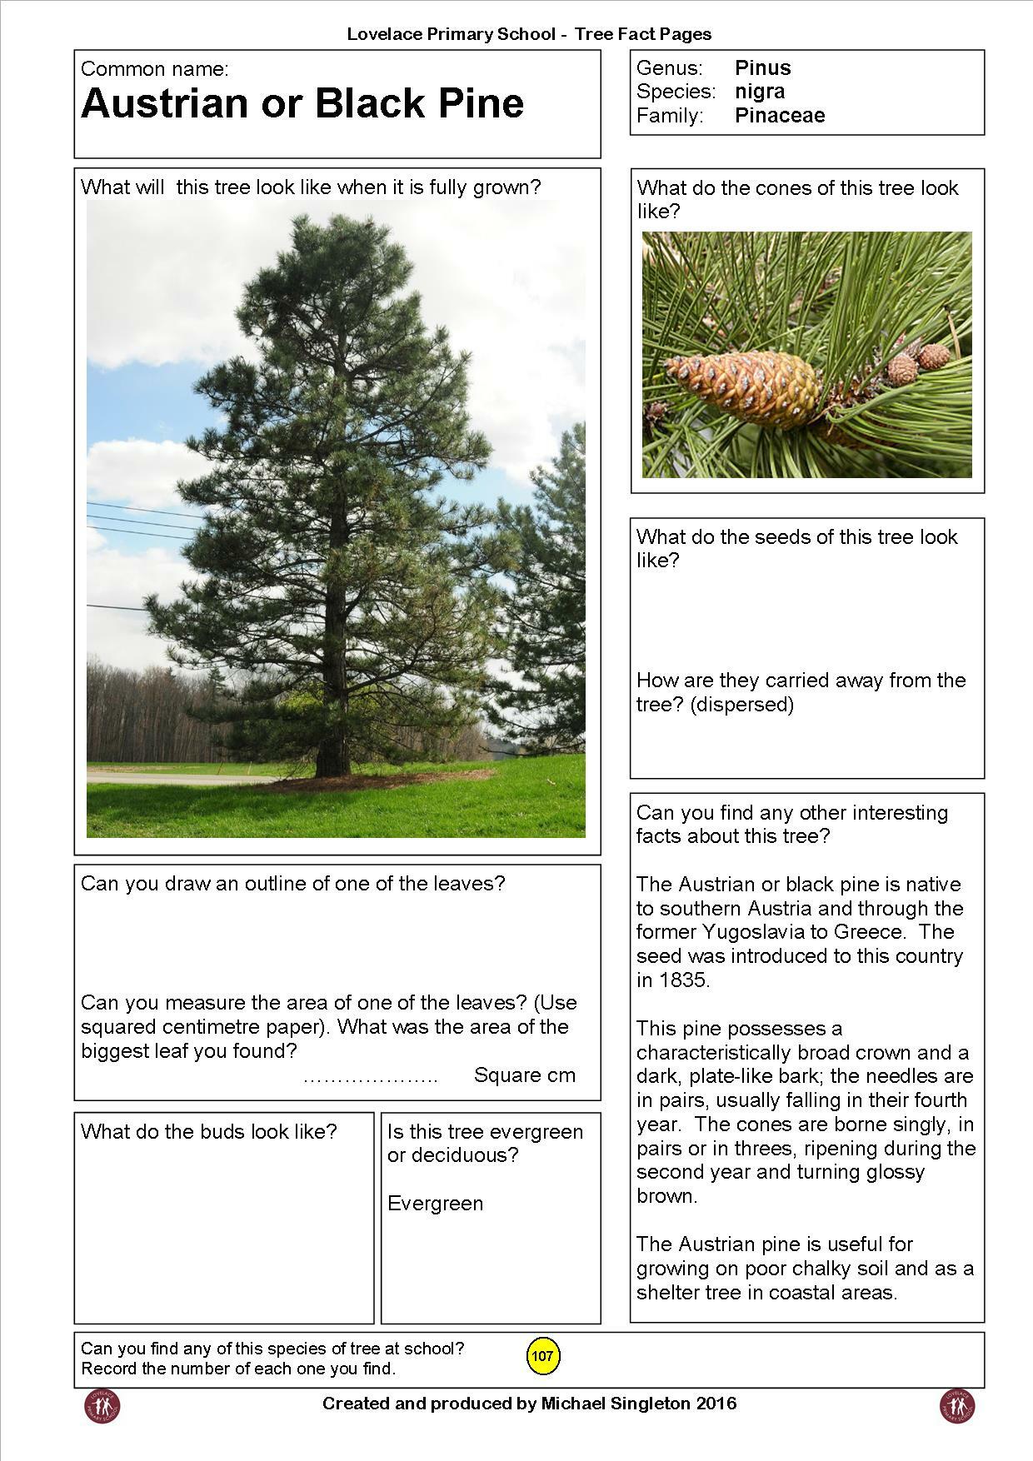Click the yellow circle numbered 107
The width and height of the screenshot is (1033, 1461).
coord(542,1356)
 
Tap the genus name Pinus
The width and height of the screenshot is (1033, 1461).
coord(762,67)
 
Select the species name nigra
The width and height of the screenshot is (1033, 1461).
coord(759,91)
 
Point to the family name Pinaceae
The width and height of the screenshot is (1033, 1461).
coord(779,115)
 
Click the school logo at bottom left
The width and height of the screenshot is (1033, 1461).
coord(102,1405)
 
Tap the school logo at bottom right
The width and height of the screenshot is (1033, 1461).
coord(957,1405)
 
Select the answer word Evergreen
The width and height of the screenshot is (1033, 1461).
coord(435,1203)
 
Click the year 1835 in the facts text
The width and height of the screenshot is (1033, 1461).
coord(682,980)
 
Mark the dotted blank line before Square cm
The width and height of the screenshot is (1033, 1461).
coord(370,1077)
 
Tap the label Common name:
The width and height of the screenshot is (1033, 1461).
coord(154,68)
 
